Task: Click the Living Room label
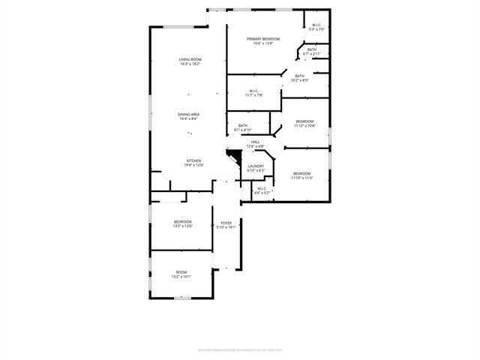(190, 59)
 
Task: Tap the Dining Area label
(189, 115)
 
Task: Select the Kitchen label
(194, 160)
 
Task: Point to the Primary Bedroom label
(262, 39)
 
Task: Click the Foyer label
(226, 223)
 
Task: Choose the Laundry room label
(256, 166)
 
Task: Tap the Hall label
(255, 142)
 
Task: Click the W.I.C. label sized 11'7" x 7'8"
(253, 91)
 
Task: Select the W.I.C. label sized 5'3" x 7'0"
(317, 25)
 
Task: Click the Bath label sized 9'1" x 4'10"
(243, 126)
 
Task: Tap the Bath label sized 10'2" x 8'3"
(299, 76)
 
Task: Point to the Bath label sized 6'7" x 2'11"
(312, 49)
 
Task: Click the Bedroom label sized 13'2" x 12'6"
(183, 222)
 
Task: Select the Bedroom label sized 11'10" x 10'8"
(304, 121)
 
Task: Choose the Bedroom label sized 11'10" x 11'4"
(301, 174)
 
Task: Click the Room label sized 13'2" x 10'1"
(181, 272)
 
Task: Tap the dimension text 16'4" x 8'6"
(189, 119)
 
